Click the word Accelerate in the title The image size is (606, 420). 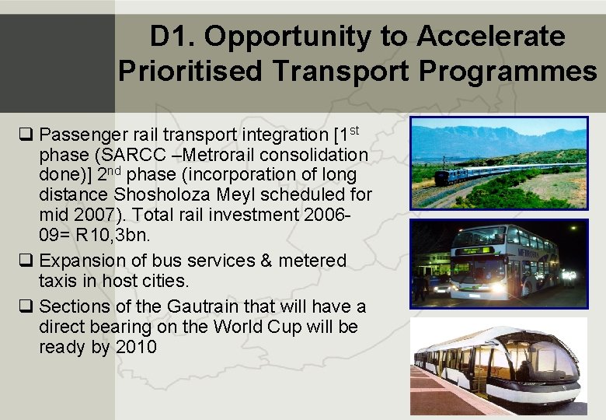(x=490, y=36)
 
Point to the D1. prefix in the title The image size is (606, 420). (x=173, y=36)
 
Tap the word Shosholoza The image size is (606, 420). (x=153, y=194)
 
